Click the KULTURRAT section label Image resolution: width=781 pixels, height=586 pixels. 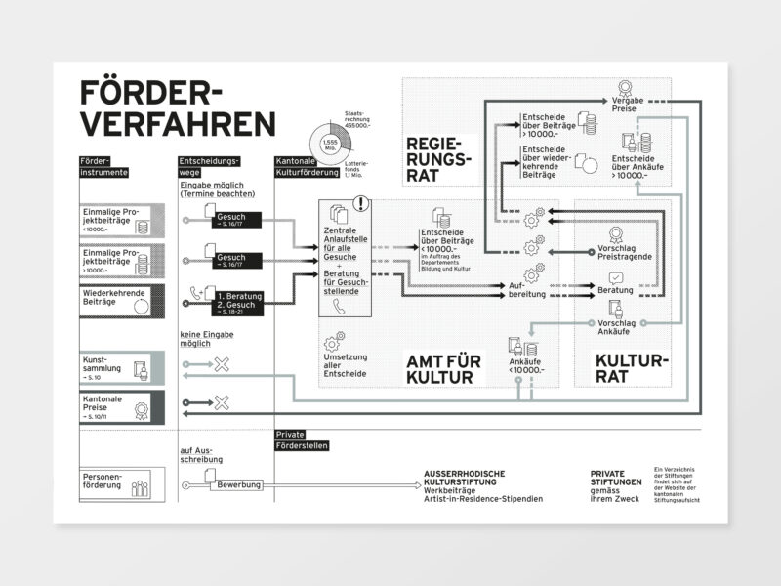[x=631, y=367]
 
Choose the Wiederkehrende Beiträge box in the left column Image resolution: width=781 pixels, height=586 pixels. [x=122, y=299]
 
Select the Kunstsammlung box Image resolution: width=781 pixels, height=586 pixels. [x=122, y=366]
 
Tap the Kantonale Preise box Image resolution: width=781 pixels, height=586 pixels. [x=122, y=405]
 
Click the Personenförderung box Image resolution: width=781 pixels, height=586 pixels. [x=122, y=482]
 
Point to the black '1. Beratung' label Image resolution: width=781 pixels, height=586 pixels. [x=240, y=294]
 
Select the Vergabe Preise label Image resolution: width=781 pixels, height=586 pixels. [x=625, y=104]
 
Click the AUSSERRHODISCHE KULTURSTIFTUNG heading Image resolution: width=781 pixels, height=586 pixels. [x=467, y=479]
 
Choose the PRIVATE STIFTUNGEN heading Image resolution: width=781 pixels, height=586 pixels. [x=616, y=479]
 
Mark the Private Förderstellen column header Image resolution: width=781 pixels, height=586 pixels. [x=302, y=439]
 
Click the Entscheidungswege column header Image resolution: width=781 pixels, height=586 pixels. [x=209, y=165]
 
